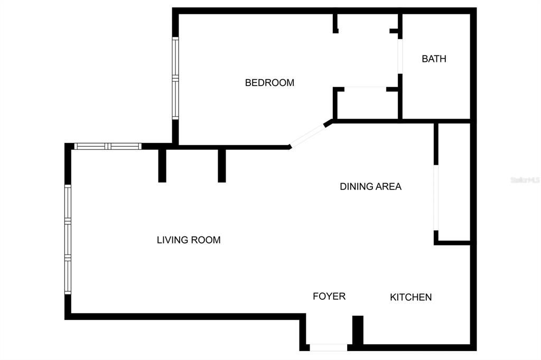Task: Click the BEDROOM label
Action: [269, 83]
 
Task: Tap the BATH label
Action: [434, 59]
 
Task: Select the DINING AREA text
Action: [370, 186]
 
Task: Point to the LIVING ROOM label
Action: [189, 240]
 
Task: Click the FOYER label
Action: [329, 296]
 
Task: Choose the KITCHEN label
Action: [411, 297]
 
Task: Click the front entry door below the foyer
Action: [328, 347]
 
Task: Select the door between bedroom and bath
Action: [400, 56]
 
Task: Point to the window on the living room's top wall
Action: [108, 146]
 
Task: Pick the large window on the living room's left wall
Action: [68, 239]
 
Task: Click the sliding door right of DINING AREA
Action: [436, 198]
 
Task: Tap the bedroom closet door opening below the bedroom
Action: [366, 88]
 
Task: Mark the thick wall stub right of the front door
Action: [358, 331]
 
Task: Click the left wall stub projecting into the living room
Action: [162, 165]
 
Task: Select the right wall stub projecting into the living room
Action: [222, 165]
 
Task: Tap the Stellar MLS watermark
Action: [525, 180]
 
